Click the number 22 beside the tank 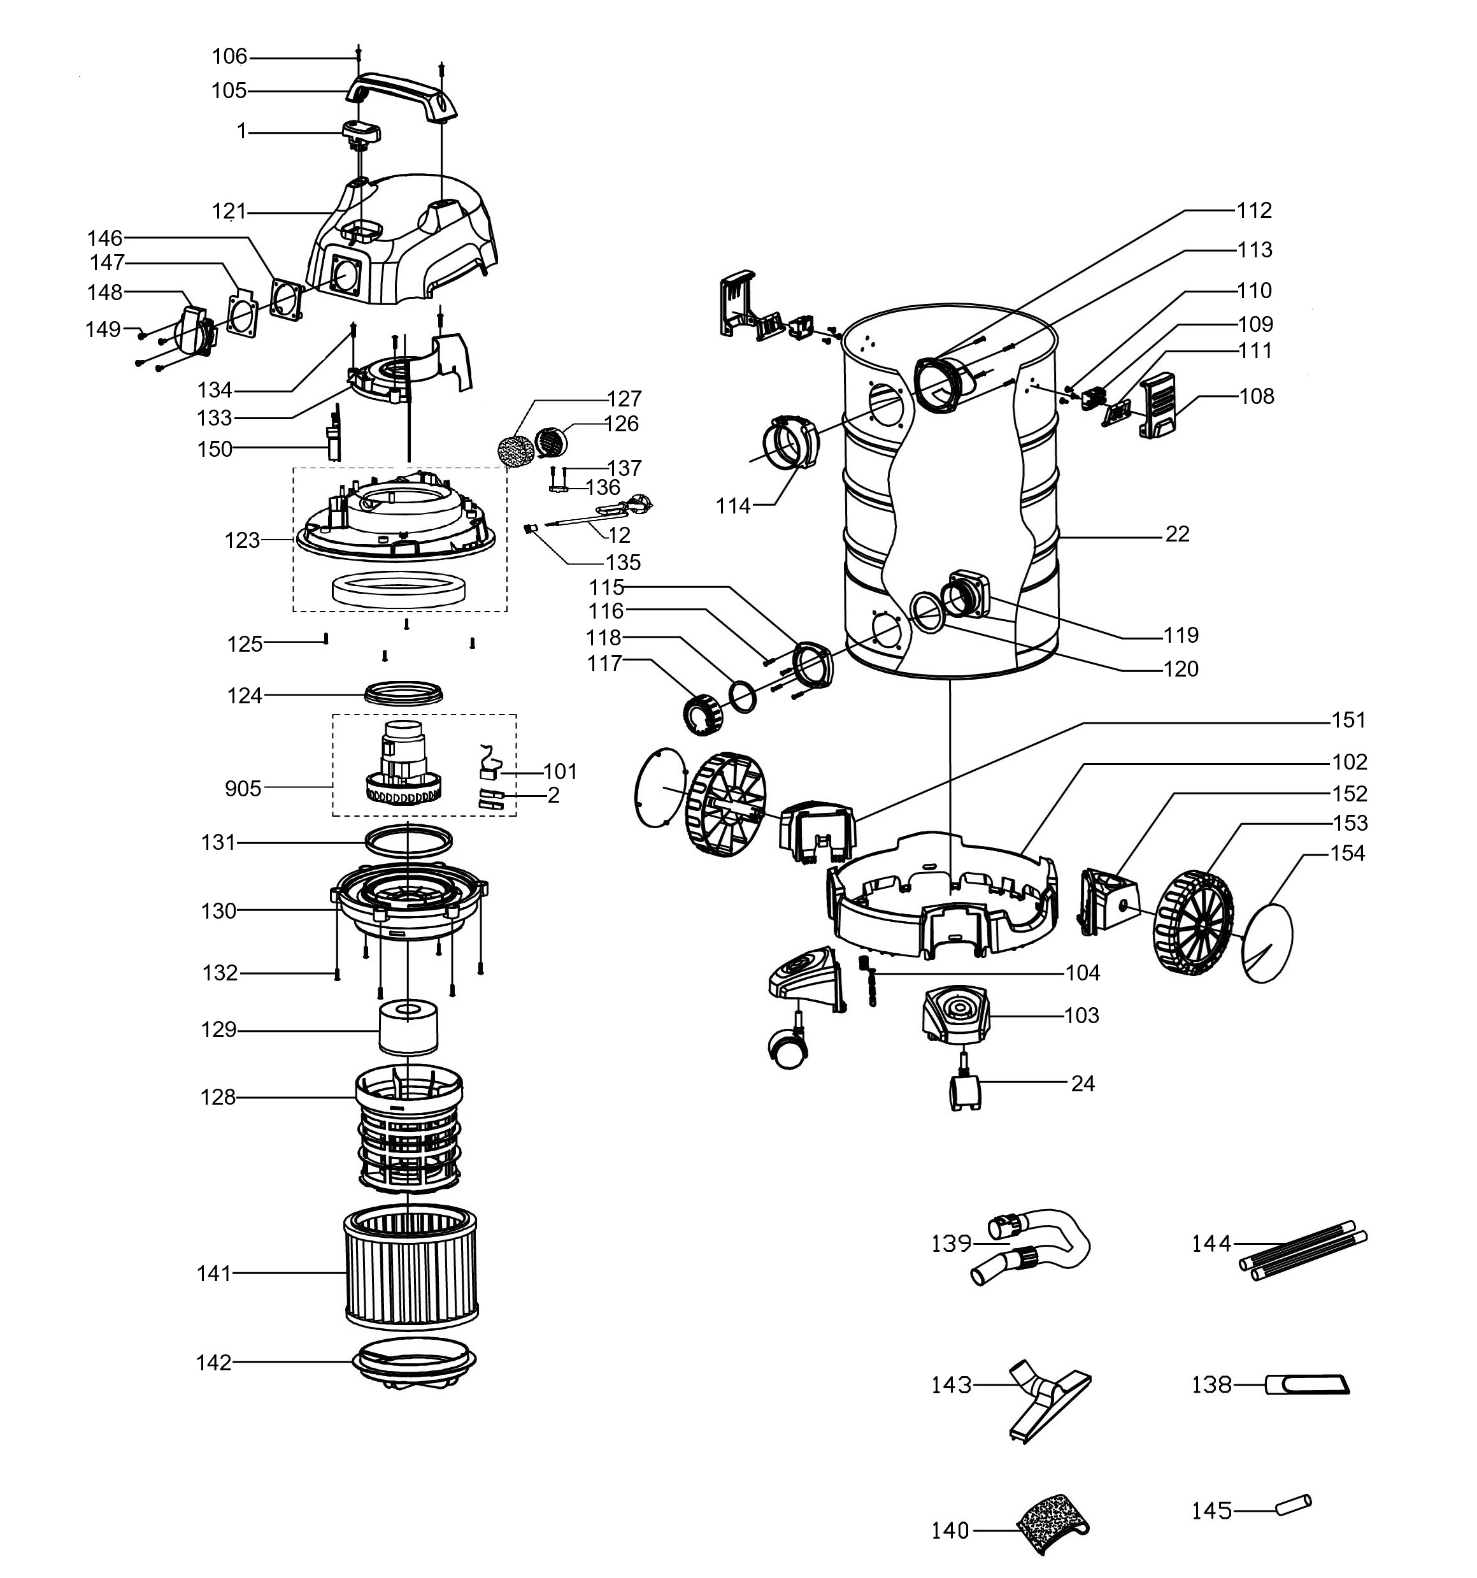click(1177, 534)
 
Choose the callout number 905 click(243, 788)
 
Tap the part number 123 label click(242, 540)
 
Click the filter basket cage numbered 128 click(409, 1128)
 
